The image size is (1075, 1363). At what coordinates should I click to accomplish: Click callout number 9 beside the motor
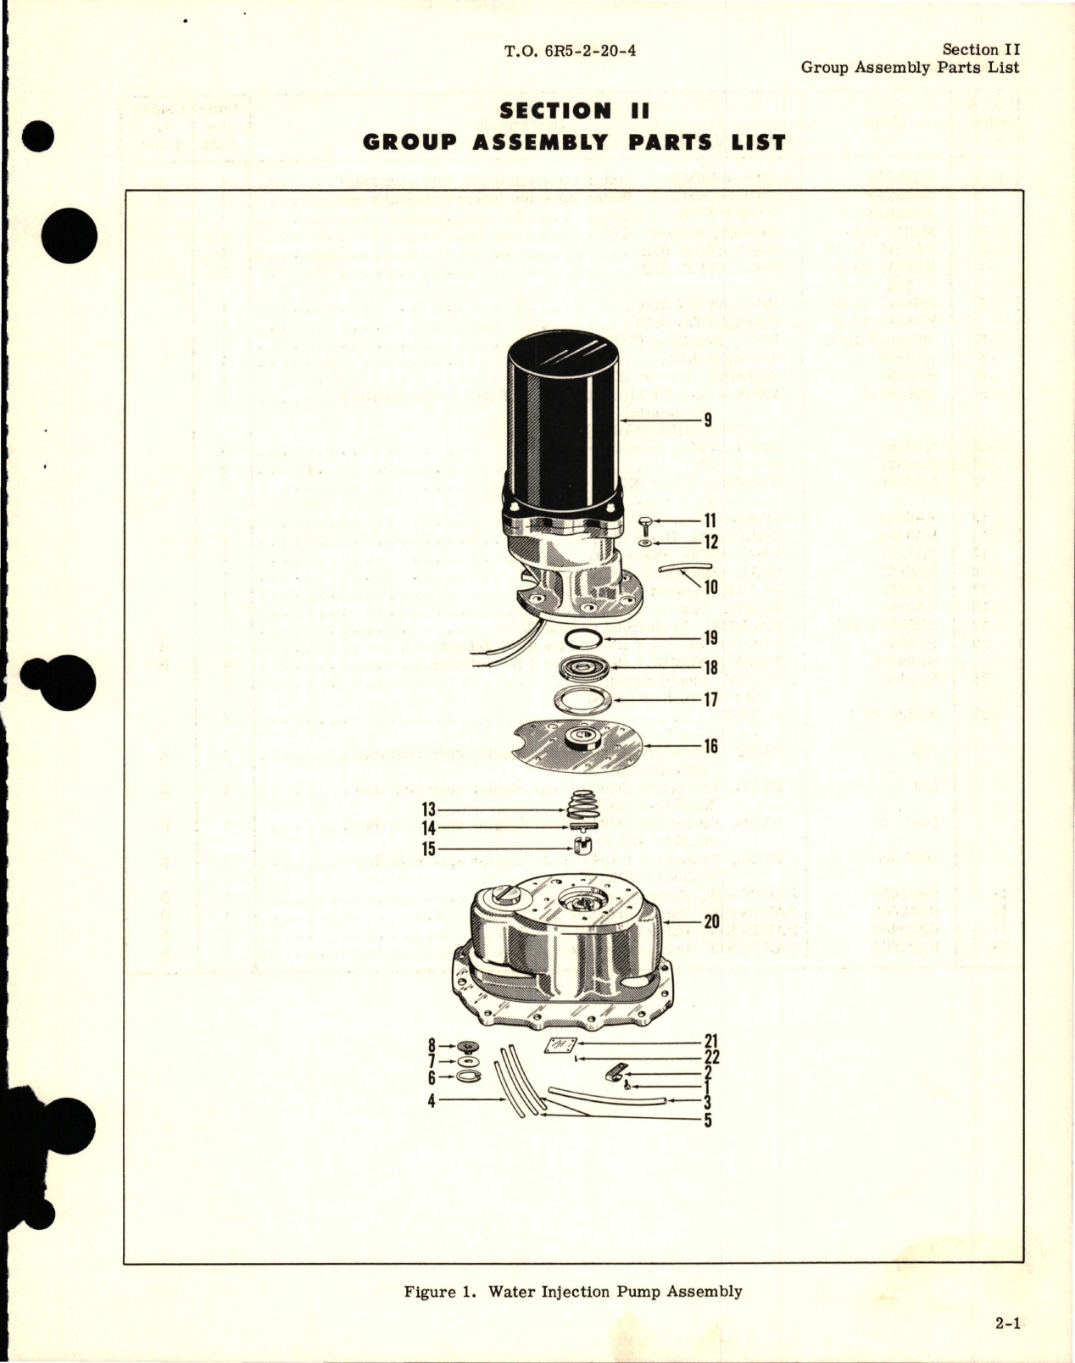click(707, 420)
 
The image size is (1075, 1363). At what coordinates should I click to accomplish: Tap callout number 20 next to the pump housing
click(710, 922)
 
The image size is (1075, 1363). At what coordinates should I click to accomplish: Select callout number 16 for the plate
click(710, 746)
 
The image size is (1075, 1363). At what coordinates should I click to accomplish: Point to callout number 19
click(710, 638)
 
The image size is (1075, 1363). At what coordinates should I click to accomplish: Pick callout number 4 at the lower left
click(432, 1102)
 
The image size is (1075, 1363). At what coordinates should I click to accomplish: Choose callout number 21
click(711, 1043)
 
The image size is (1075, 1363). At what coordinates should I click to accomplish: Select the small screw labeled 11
click(646, 520)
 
